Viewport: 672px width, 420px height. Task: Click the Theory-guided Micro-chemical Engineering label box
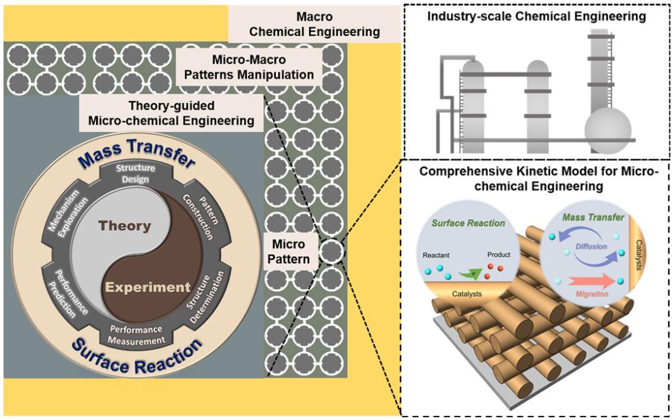(x=171, y=112)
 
